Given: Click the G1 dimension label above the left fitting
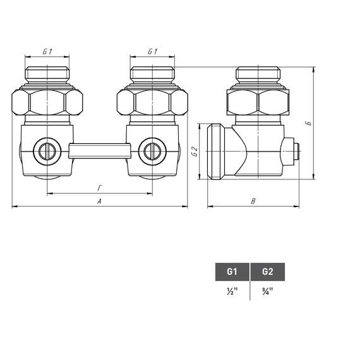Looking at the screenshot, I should (47, 51).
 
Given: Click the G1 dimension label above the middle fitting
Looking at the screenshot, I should (152, 51).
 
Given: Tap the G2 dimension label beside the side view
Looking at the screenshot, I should (195, 152).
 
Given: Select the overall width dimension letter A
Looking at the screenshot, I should (99, 201).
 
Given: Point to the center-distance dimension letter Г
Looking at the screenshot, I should (99, 188).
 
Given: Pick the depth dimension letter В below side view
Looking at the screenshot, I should (253, 201).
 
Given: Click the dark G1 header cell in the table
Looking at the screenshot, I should (232, 272).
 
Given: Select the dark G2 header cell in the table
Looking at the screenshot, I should (268, 272).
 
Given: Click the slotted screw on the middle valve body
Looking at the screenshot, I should (152, 151).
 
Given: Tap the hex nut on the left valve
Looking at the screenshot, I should (47, 101).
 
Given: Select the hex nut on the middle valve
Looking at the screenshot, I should (152, 101).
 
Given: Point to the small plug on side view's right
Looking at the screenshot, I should (295, 152).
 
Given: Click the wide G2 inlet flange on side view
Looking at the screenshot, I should (215, 152).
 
